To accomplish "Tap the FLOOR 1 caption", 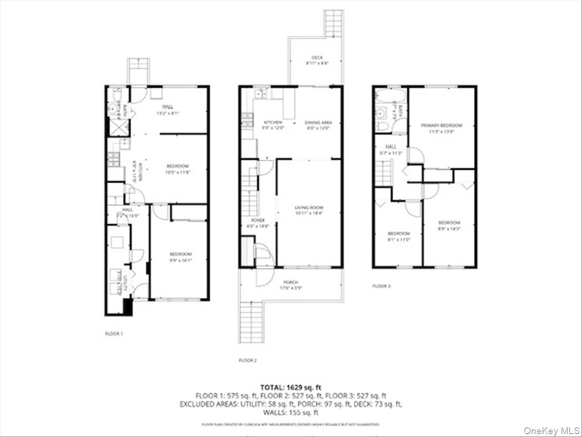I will [x=114, y=334].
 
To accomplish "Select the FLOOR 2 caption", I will [x=247, y=360].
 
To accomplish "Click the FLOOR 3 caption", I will [x=381, y=286].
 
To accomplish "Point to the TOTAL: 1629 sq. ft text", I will [x=291, y=387].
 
